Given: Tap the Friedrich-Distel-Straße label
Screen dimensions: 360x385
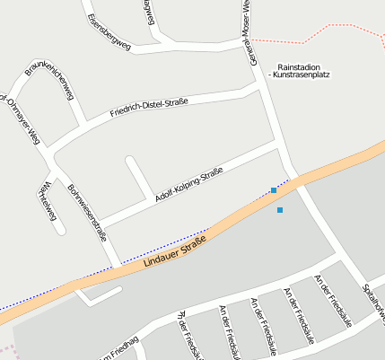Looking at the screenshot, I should [149, 109].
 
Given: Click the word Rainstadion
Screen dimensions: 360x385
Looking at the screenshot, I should [300, 67].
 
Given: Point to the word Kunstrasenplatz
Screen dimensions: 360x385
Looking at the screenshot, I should [303, 75].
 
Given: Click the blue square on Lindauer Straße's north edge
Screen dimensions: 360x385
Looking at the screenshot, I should [274, 190].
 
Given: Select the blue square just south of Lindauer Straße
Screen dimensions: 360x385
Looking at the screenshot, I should [280, 210].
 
